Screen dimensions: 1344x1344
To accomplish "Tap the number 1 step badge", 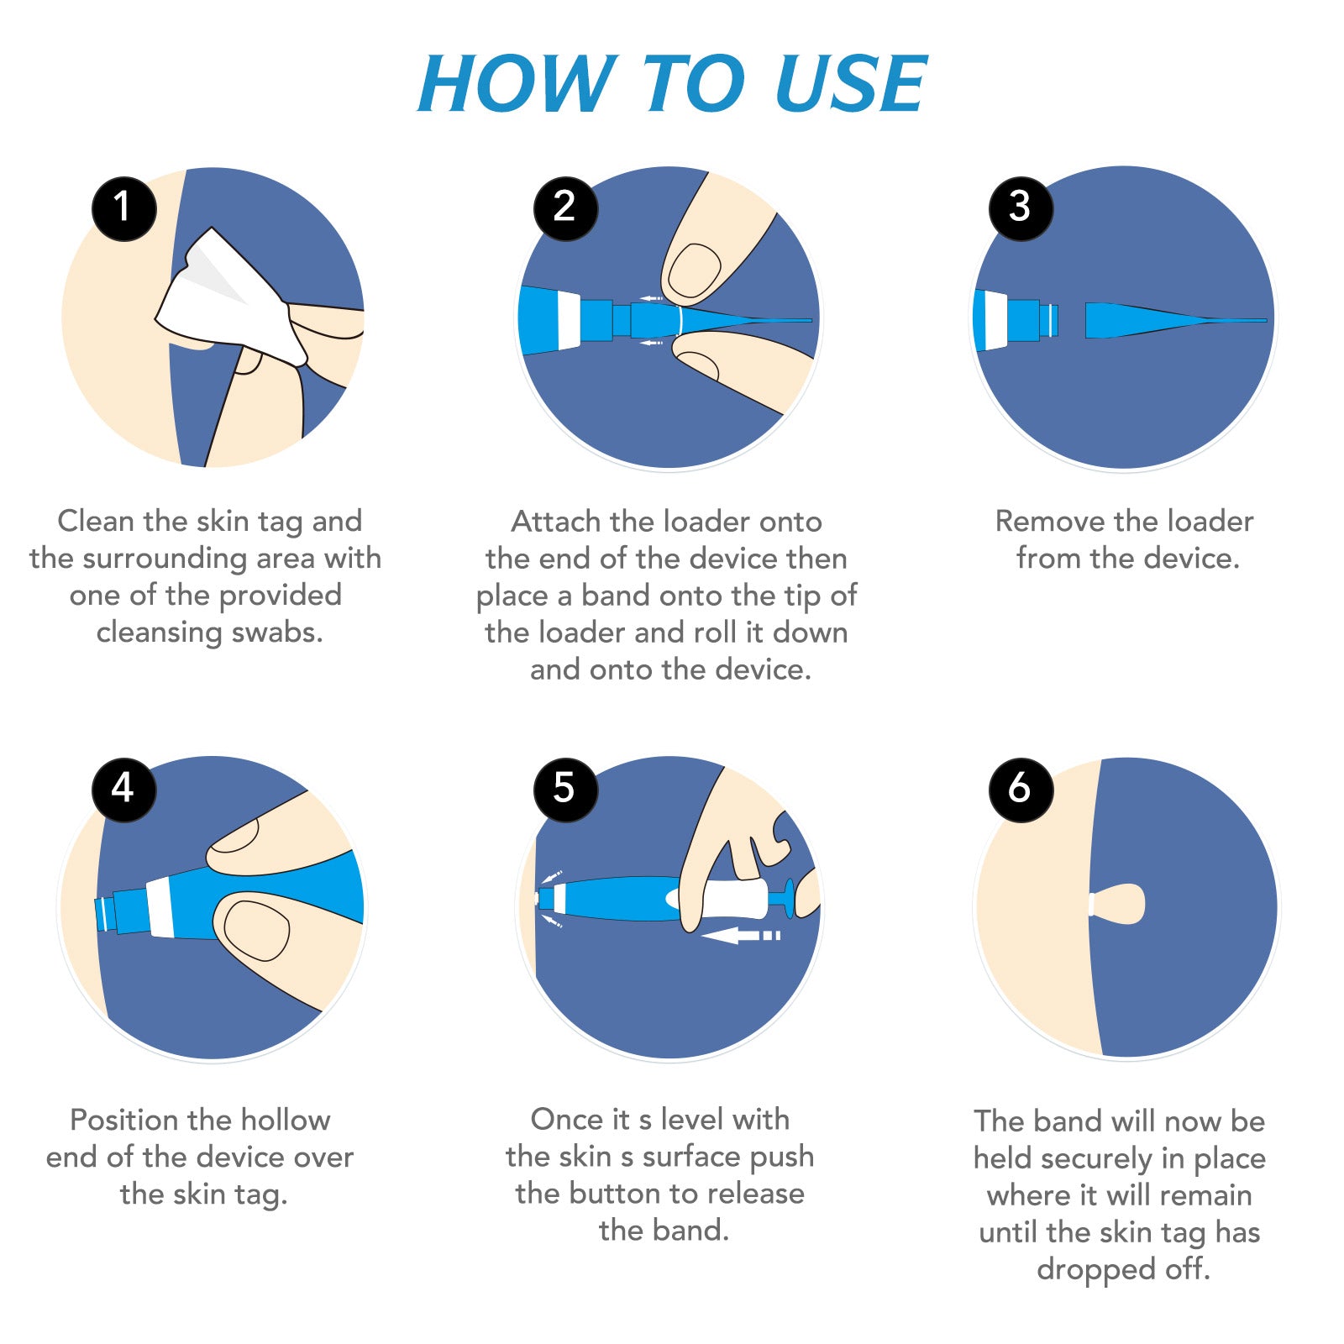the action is (x=124, y=208).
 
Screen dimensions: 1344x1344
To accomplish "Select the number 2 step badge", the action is (x=565, y=208).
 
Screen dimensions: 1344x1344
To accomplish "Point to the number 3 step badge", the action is (x=1021, y=208).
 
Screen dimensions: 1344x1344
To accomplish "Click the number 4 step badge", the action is (x=124, y=790).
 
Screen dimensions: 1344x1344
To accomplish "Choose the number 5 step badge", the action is (x=565, y=790).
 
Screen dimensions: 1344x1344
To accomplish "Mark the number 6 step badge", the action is (x=1021, y=790).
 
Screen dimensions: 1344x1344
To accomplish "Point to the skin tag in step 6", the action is (x=1117, y=904).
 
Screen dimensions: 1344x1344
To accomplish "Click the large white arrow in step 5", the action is (x=741, y=935).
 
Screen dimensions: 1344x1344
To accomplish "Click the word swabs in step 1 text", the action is (x=277, y=632).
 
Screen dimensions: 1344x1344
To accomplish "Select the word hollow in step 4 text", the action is (x=285, y=1120).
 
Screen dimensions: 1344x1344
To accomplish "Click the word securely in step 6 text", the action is (x=1097, y=1159).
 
